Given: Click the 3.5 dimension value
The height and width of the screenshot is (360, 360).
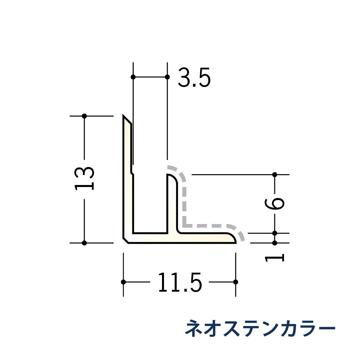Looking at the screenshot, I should tap(194, 77).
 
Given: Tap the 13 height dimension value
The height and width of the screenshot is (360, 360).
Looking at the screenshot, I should tap(84, 178).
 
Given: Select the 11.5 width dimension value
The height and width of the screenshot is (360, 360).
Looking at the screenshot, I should tap(180, 283).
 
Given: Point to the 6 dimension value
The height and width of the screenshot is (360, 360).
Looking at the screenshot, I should tap(274, 204).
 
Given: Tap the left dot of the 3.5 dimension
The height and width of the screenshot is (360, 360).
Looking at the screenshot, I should tap(133, 77).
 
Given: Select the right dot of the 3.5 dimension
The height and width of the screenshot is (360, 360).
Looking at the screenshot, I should tap(167, 77).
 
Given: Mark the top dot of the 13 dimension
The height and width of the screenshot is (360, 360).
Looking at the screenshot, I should tap(84, 116).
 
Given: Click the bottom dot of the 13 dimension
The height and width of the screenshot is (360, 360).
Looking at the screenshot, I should tap(84, 243).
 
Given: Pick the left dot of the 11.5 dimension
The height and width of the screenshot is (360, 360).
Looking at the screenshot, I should tap(123, 282).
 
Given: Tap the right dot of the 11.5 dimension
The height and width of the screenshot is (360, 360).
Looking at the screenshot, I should tap(236, 282).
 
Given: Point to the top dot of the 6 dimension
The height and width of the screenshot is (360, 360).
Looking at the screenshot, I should tap(275, 174).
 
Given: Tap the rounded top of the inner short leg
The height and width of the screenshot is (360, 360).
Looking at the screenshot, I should tap(171, 177).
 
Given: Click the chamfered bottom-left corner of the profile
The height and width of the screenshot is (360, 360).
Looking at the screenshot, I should tap(126, 241).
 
